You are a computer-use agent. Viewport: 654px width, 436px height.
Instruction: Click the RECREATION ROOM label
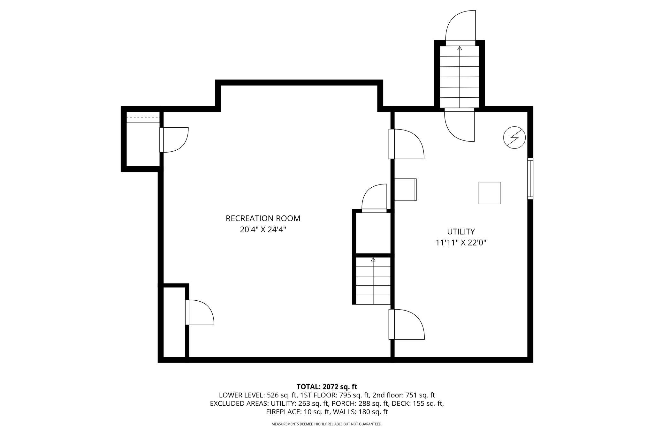[x=263, y=219]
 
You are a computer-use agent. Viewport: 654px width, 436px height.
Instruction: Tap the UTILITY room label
[x=461, y=231]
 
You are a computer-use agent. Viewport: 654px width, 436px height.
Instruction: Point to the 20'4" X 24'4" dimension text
[x=263, y=230]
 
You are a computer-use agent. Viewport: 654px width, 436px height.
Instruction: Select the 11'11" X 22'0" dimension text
[x=461, y=243]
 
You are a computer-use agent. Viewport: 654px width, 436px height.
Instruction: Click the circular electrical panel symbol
[x=514, y=138]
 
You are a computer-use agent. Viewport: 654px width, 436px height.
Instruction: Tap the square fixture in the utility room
[x=490, y=193]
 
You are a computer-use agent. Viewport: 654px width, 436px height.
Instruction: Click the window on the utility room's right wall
[x=530, y=178]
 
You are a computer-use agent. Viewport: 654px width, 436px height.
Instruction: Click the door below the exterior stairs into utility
[x=459, y=125]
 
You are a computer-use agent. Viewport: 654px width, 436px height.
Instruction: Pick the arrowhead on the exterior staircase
[x=460, y=48]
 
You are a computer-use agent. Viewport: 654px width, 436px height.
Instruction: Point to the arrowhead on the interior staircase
[x=373, y=259]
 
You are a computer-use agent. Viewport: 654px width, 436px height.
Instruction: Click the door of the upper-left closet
[x=174, y=140]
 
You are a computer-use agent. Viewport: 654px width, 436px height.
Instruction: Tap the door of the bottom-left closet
[x=200, y=312]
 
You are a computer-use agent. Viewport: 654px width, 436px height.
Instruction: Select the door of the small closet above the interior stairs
[x=374, y=198]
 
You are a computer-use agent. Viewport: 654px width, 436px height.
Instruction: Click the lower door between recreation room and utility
[x=407, y=324]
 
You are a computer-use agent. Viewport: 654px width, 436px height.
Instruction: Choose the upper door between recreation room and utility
[x=406, y=144]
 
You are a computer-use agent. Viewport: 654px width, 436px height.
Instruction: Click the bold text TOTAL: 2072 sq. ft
[x=327, y=387]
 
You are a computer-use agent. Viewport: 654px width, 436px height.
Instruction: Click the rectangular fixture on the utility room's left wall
[x=406, y=190]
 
